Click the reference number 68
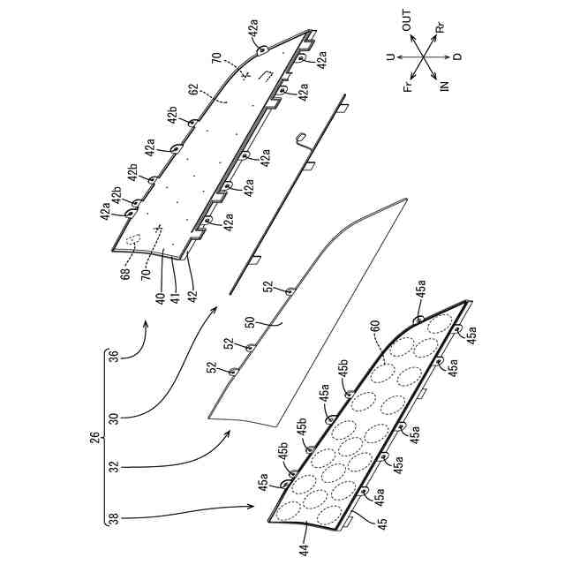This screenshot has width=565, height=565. [x=124, y=275]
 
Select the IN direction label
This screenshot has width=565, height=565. [x=444, y=86]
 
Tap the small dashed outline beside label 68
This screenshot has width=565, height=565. [x=135, y=237]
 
